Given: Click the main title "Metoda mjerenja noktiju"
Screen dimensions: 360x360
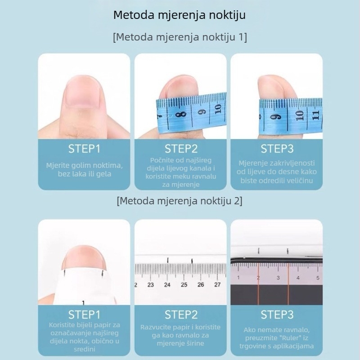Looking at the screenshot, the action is point(180,15).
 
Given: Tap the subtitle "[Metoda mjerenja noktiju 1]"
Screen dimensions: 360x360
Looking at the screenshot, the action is point(180,37).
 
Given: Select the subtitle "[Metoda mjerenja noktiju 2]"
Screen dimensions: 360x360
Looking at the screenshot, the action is point(180,201).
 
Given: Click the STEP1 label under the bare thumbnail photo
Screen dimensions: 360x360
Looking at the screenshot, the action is point(84,148).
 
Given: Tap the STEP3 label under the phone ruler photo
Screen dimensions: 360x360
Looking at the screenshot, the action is point(277,315).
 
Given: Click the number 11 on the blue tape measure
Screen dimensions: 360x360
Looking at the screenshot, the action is point(316,115).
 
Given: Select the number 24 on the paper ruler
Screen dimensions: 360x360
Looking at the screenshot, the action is point(167,285).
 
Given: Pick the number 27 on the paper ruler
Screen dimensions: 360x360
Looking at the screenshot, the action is point(217,285).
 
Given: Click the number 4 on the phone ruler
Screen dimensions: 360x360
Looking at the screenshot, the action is point(298,278).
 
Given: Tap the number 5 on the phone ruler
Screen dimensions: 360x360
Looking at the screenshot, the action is point(318,278).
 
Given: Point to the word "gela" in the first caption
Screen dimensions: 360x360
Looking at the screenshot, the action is point(104,174).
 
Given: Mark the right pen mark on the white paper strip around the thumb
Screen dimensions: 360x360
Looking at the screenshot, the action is point(103,273).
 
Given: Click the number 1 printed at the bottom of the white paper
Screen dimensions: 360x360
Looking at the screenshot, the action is point(83,303).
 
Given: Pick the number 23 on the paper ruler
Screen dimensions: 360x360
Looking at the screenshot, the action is point(150,285).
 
